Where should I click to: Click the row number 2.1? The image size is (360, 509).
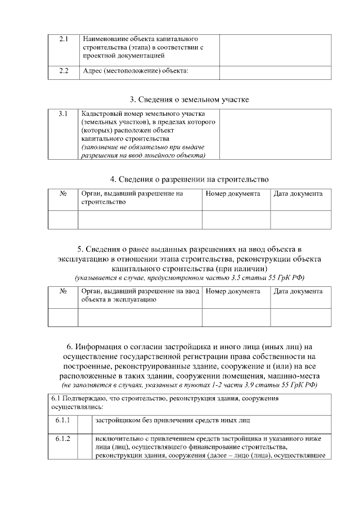point(63,39)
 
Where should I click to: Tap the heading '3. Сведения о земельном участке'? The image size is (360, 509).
point(189,100)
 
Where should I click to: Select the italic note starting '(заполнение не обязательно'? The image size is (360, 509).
point(143,151)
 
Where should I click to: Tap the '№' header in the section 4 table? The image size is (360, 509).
point(63,193)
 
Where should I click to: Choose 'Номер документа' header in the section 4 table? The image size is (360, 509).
point(233,193)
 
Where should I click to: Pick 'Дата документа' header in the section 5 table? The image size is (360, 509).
point(298,291)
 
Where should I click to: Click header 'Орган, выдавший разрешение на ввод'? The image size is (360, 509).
point(140,291)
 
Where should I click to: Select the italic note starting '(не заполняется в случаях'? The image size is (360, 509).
point(189,385)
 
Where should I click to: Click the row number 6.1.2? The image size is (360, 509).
point(62,439)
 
